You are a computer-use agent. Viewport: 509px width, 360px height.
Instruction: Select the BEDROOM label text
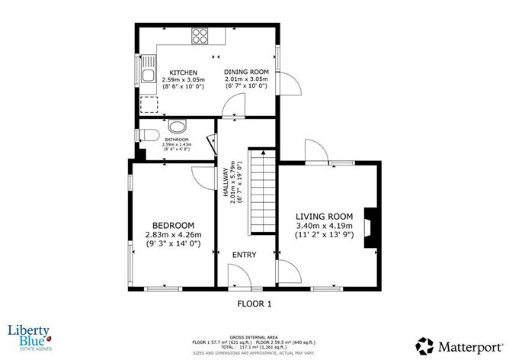171,226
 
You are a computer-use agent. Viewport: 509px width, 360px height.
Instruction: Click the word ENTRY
245,255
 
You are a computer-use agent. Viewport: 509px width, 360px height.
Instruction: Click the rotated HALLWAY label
226,184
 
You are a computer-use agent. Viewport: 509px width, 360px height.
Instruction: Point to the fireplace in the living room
370,227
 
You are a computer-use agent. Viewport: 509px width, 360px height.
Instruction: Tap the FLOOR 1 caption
254,304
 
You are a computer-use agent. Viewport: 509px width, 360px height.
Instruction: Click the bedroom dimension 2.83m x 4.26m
171,235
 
